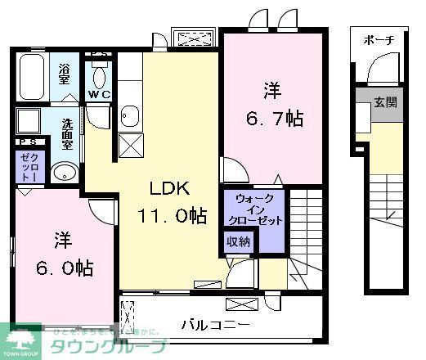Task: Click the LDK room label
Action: coord(169,189)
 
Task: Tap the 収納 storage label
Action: coord(240,241)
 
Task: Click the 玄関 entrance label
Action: coord(384,104)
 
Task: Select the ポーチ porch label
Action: coord(379,40)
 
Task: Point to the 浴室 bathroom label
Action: coord(65,74)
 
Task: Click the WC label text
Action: coord(99,95)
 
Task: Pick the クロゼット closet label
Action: coord(27,168)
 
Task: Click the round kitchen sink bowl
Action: coord(128,114)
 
